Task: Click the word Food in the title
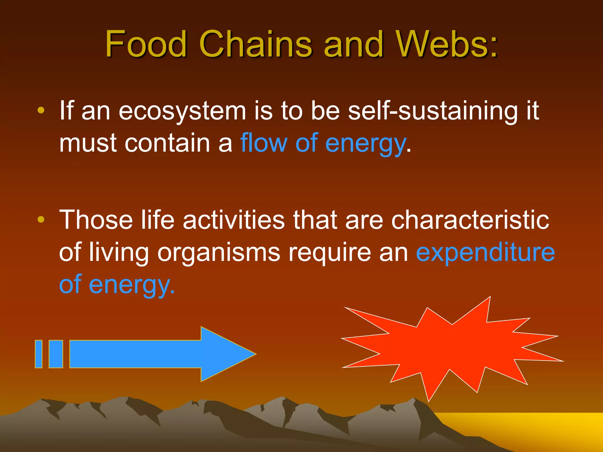(x=146, y=44)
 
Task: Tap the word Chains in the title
(x=255, y=44)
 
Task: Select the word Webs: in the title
(x=447, y=44)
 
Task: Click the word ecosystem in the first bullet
(x=182, y=111)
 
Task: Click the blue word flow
(x=264, y=143)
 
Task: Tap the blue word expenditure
(x=485, y=252)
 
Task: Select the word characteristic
(x=470, y=220)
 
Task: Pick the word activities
(x=234, y=220)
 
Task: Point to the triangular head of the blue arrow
(x=224, y=354)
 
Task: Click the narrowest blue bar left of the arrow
(x=39, y=354)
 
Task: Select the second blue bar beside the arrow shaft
(x=56, y=354)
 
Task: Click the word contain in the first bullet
(x=168, y=143)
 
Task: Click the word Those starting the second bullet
(x=96, y=220)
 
